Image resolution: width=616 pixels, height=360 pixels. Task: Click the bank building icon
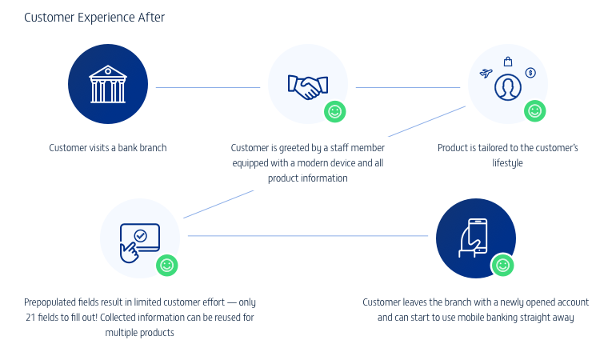(x=108, y=84)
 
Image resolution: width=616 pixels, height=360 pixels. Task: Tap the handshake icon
(x=307, y=86)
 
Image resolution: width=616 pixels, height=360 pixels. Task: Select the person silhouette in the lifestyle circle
(x=507, y=86)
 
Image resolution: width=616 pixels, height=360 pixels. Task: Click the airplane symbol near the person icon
(x=485, y=74)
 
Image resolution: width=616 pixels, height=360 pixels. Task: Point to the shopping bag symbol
(x=507, y=62)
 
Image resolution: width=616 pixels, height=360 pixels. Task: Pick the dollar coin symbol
(x=530, y=73)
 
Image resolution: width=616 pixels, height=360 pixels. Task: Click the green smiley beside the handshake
(x=335, y=112)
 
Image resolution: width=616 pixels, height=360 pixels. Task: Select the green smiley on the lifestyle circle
(x=534, y=111)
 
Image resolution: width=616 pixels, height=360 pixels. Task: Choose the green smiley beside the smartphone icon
(x=502, y=266)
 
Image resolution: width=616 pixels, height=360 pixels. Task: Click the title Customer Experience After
(x=94, y=18)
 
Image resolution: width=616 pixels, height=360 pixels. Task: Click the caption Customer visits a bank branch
(x=108, y=148)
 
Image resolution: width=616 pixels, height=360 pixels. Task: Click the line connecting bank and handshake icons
(x=208, y=87)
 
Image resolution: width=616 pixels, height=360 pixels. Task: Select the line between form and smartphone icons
(x=308, y=236)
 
